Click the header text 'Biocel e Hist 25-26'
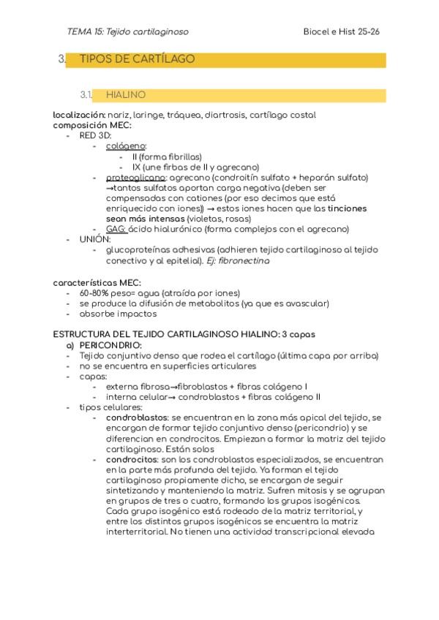[341, 31]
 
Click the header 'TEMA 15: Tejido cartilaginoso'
[127, 31]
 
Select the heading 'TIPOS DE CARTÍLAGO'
[137, 59]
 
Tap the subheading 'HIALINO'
[126, 95]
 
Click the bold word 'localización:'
[79, 116]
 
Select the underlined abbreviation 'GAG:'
[116, 229]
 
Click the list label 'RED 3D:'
[96, 136]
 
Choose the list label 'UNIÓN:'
[94, 239]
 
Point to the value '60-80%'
[95, 293]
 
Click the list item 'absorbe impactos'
[118, 314]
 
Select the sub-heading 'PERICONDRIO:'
[110, 345]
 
